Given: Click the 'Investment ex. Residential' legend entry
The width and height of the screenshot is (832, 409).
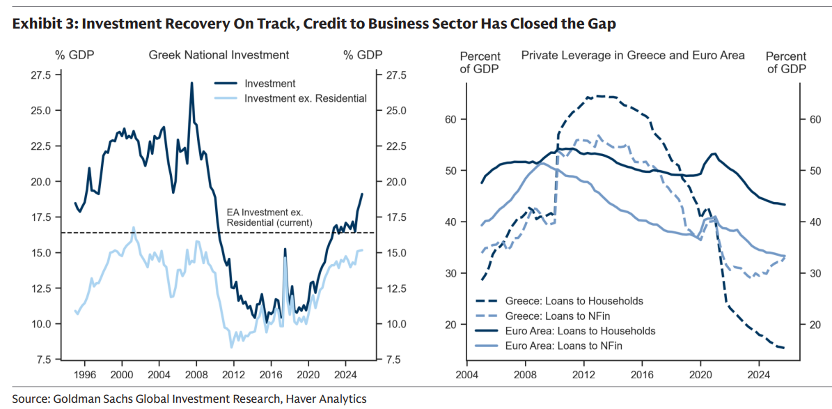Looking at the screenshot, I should [305, 98].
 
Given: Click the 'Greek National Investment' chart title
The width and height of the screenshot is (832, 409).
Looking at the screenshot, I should [219, 54].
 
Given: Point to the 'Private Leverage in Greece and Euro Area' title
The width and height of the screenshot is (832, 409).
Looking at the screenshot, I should [633, 55].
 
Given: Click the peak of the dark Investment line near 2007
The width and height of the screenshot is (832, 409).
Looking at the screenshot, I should [191, 82].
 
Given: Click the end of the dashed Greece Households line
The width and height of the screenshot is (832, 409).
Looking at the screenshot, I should [785, 348].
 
